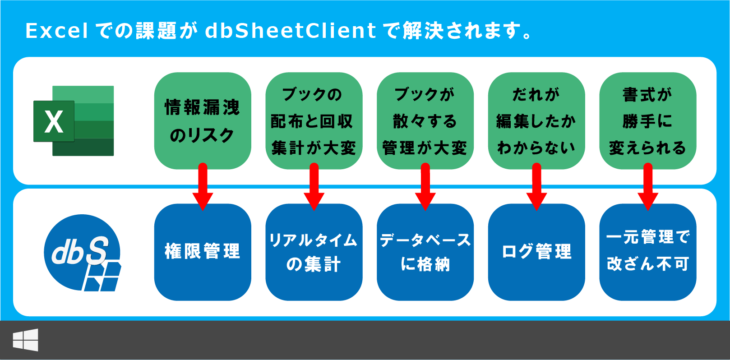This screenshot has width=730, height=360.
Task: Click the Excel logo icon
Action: tap(74, 121)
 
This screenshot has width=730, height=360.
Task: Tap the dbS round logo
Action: tap(83, 253)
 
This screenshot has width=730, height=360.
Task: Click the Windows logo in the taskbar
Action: tap(25, 340)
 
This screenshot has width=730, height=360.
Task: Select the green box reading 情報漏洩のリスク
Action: tap(203, 120)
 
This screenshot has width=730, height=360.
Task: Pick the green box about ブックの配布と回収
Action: tap(314, 120)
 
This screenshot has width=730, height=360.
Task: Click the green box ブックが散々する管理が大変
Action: tap(425, 120)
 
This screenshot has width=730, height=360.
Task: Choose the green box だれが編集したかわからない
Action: tap(536, 120)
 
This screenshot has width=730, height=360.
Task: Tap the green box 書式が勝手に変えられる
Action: tap(648, 120)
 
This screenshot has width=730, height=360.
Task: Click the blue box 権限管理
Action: tap(203, 252)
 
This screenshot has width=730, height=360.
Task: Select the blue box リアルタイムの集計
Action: tap(314, 252)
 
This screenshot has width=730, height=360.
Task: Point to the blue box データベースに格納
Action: tap(425, 252)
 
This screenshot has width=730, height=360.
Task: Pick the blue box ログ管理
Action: tap(536, 252)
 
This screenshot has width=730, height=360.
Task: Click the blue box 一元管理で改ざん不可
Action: tap(648, 252)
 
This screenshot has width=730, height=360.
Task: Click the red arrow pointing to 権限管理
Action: tap(203, 187)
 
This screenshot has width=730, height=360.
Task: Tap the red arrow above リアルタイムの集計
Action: tap(314, 187)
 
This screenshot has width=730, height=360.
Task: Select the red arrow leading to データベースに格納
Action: tap(425, 187)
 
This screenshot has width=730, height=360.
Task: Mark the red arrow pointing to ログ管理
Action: tap(536, 187)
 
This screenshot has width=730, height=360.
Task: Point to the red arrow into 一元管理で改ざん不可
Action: tap(648, 187)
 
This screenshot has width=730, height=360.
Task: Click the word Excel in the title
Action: tap(57, 31)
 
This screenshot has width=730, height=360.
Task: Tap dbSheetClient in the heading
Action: tap(291, 31)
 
